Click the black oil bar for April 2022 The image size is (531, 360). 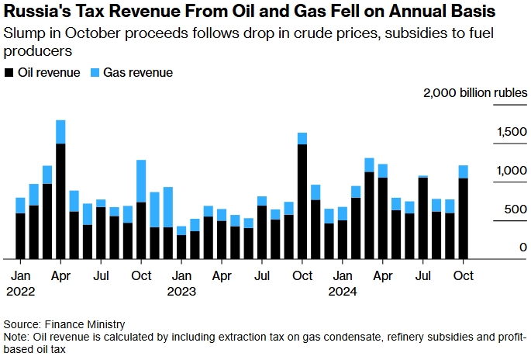[60, 202]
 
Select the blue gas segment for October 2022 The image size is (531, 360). [141, 182]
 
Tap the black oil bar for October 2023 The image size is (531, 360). [302, 202]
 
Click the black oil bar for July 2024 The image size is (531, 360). [423, 218]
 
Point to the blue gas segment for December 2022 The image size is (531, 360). [168, 207]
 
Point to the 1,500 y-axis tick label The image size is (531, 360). [512, 133]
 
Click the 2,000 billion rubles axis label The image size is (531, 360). [475, 93]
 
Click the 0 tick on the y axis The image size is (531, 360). [523, 247]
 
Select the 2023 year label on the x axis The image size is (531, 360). [181, 292]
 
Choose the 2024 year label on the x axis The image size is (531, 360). [342, 292]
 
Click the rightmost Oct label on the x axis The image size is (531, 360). [464, 275]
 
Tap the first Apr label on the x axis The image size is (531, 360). [60, 275]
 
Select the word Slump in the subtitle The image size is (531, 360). [22, 34]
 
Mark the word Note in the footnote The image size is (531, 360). [15, 337]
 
